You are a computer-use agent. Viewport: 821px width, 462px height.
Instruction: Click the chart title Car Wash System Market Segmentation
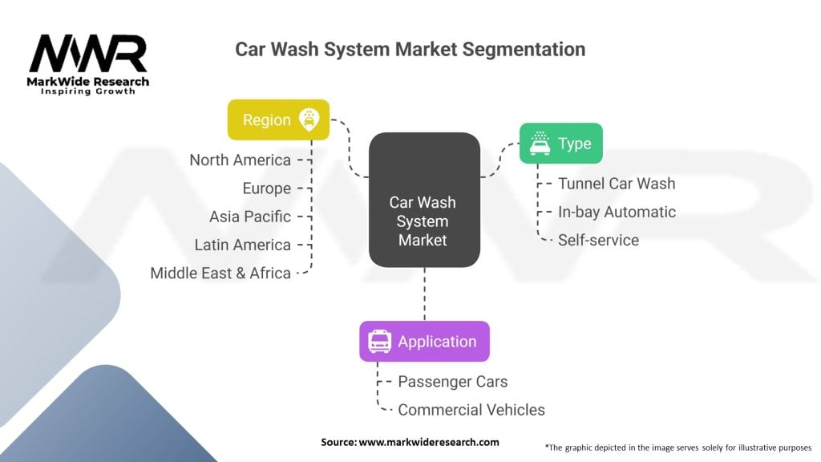click(410, 49)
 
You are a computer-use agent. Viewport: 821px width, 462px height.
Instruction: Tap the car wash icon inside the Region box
click(308, 120)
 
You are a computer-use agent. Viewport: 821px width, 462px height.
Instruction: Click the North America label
click(240, 160)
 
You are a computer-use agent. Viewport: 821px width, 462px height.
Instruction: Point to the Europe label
click(266, 188)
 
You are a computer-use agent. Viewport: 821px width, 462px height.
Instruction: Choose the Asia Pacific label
click(249, 217)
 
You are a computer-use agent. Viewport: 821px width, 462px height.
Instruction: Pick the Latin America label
click(242, 245)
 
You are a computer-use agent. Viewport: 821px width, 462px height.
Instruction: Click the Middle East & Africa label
click(220, 273)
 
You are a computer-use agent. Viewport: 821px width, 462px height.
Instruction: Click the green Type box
click(560, 144)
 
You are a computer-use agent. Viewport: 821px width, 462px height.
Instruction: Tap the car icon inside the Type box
click(540, 144)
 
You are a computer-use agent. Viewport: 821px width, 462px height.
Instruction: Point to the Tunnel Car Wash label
click(617, 184)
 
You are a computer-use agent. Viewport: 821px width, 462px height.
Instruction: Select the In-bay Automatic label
click(617, 212)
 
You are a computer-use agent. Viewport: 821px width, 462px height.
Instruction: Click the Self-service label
click(598, 240)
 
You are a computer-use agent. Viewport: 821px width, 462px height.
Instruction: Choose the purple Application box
click(424, 342)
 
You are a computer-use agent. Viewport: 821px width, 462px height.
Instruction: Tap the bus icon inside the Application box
click(379, 342)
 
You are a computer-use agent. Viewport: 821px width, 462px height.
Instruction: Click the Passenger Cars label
click(452, 382)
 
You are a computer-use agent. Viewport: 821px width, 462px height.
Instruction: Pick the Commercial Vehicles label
click(471, 410)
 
